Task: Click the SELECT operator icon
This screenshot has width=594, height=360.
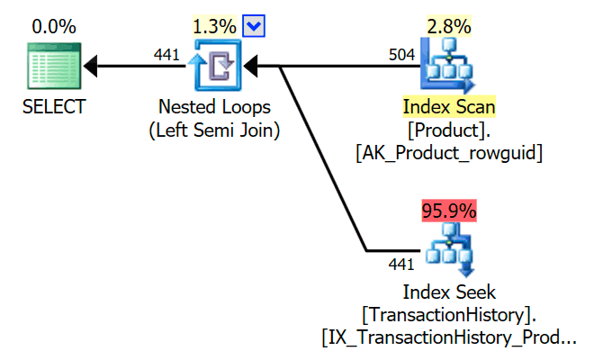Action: coord(55,66)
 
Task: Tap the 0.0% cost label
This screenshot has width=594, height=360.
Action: coord(55,27)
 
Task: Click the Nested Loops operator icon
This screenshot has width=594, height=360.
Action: coord(214,66)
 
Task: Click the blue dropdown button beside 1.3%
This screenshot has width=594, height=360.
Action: coord(254,27)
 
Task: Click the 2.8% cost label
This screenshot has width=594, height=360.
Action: coord(449,27)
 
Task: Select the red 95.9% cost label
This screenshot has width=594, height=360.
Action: coord(449,211)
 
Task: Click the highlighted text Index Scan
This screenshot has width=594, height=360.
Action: coord(449,108)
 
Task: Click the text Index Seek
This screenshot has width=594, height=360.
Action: coord(449,292)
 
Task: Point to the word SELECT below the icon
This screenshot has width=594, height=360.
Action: coord(55,108)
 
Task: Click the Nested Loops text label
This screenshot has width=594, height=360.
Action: coord(214,108)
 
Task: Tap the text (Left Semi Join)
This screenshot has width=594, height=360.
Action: coord(214,130)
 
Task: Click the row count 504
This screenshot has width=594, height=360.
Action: coord(402,55)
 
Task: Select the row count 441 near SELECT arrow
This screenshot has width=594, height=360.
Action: coord(166,55)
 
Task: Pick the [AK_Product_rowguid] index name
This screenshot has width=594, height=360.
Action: coord(449,153)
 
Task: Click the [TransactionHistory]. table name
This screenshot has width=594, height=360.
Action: coord(449,315)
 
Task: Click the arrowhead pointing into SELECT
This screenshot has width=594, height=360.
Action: coord(92,66)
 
